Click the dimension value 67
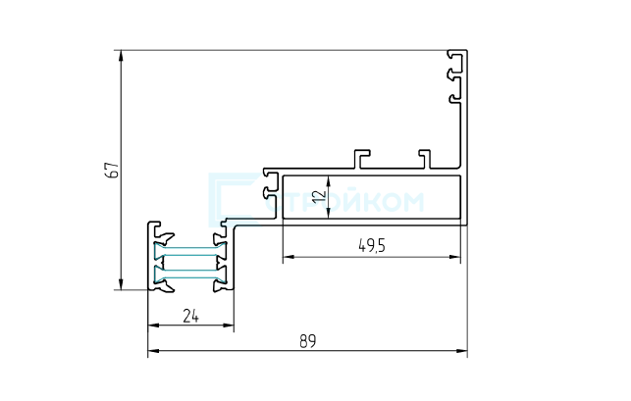point(114,170)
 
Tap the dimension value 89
point(308,341)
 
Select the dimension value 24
point(190,316)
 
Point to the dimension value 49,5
point(372,245)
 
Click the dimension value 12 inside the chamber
point(320,196)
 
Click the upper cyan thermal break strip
point(190,251)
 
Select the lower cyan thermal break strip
point(190,275)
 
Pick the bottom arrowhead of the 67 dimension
point(121,284)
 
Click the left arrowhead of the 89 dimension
point(153,351)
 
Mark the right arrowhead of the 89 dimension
point(462,351)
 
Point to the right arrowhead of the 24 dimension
point(229,326)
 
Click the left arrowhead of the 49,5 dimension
point(289,257)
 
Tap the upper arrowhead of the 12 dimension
point(329,181)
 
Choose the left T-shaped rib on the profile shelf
point(361,159)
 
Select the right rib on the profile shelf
point(425,159)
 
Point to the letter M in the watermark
point(412,202)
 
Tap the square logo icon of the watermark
point(235,199)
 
